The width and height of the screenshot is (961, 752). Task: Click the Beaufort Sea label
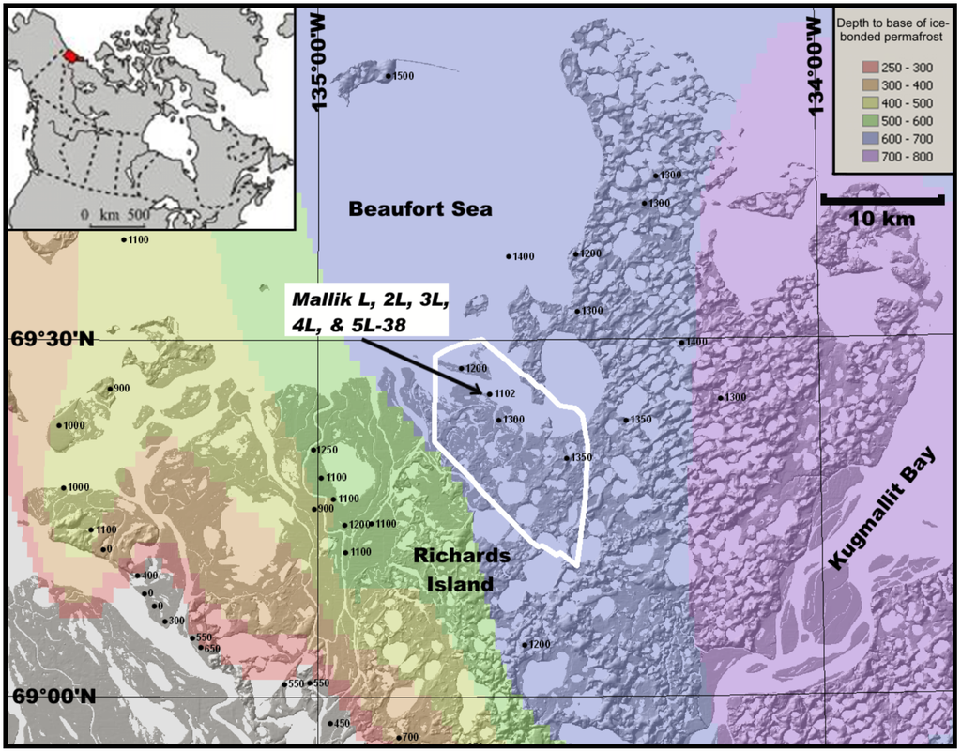tap(419, 208)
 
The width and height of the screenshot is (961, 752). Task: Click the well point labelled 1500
tap(389, 76)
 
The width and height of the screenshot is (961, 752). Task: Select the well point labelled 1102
tap(489, 394)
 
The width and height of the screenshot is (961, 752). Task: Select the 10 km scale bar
tap(881, 200)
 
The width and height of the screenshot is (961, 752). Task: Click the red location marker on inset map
tap(69, 55)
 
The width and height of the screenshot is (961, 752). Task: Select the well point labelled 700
tap(399, 737)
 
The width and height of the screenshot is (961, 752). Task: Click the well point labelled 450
tap(330, 723)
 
